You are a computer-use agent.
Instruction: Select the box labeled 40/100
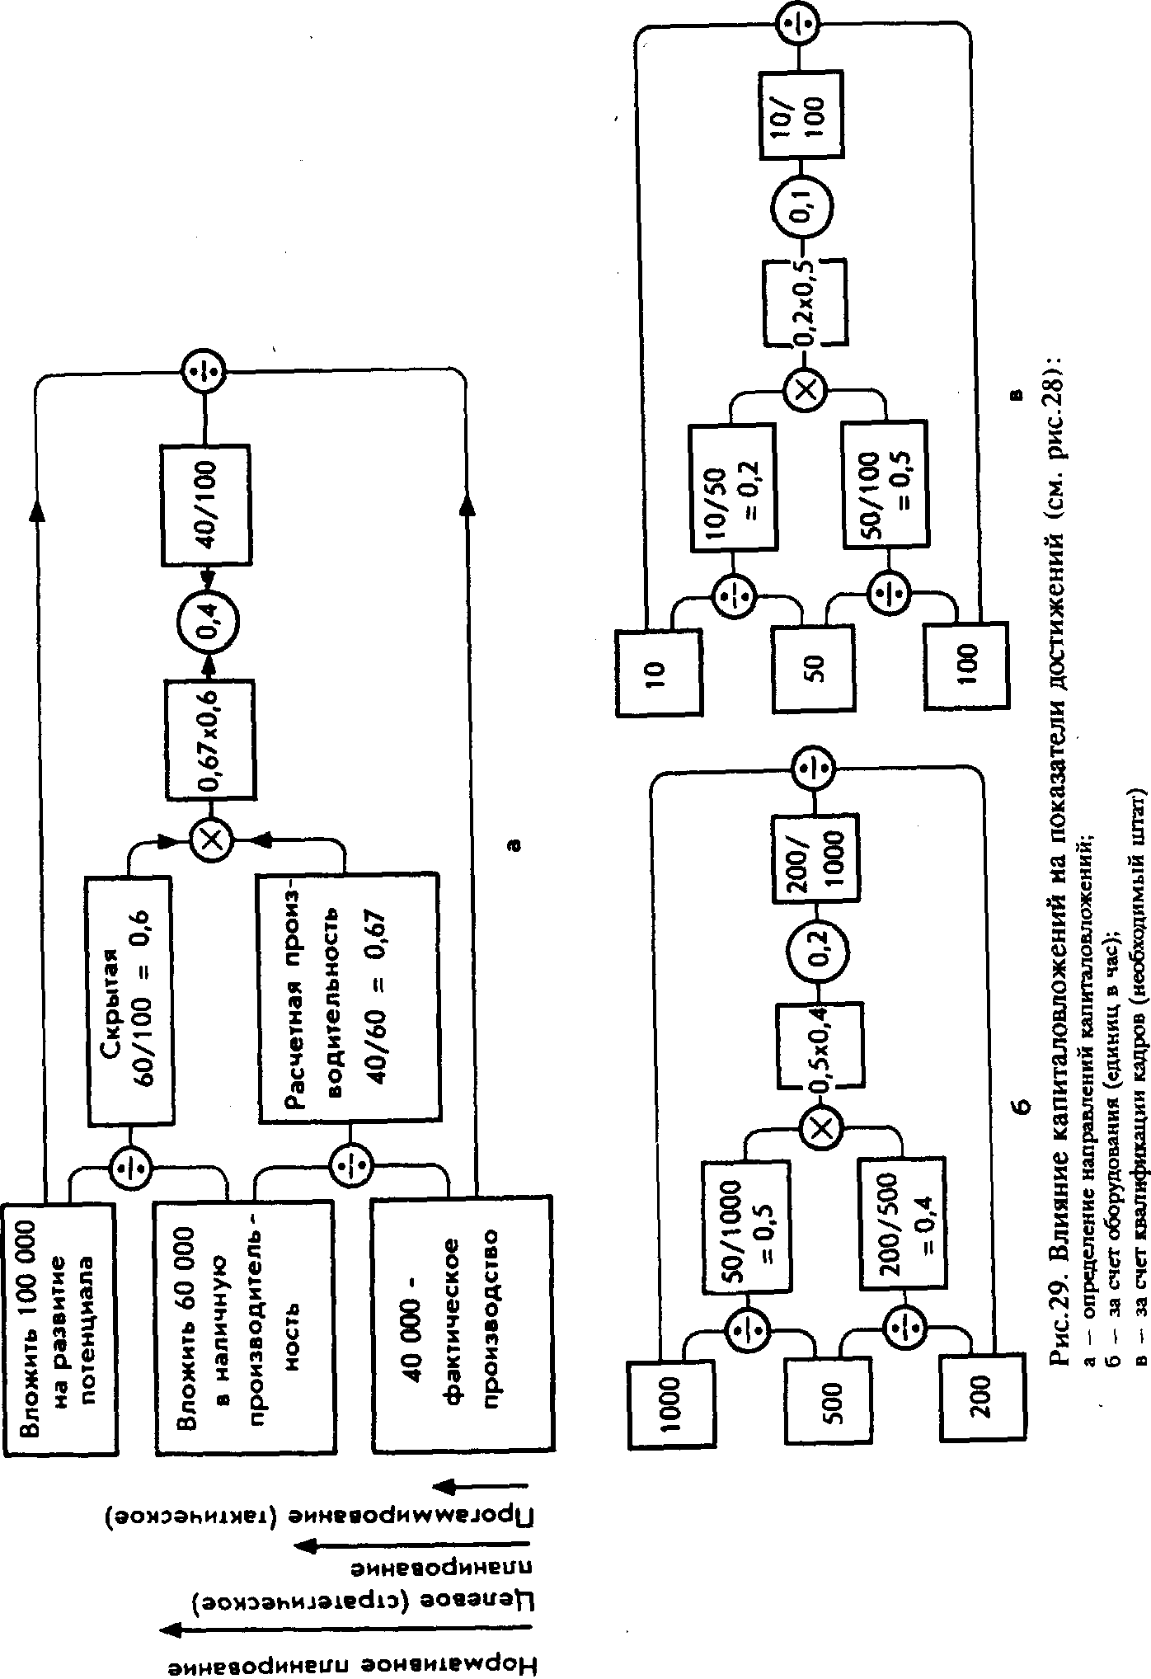click(206, 504)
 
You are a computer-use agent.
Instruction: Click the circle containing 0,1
click(801, 205)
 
